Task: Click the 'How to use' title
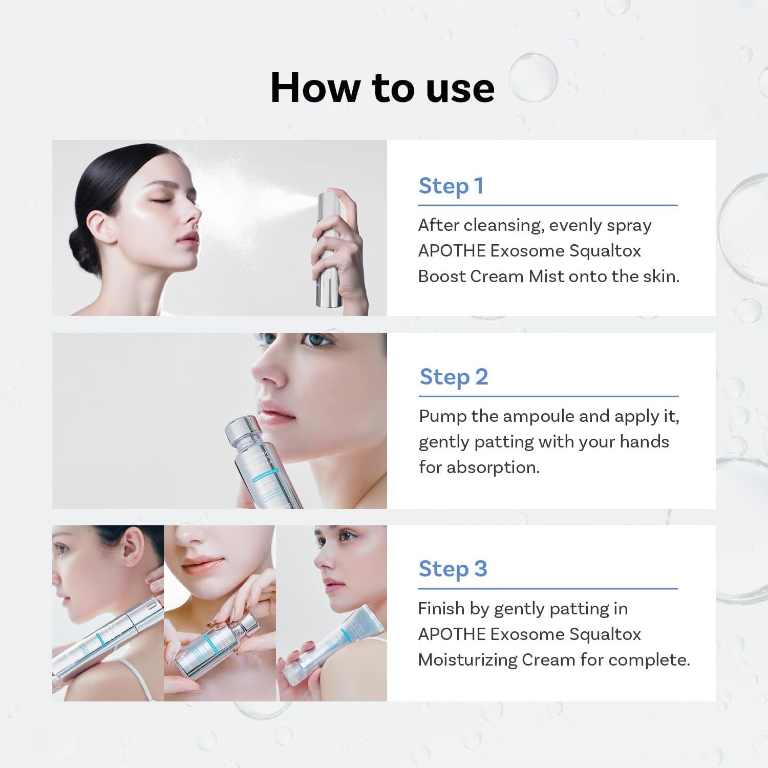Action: click(382, 88)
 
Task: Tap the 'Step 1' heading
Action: click(451, 186)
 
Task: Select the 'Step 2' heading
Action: click(454, 377)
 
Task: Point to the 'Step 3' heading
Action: click(453, 569)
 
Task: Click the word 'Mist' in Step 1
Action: click(546, 276)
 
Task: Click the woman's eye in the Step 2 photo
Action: click(315, 340)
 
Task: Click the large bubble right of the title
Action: click(533, 77)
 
